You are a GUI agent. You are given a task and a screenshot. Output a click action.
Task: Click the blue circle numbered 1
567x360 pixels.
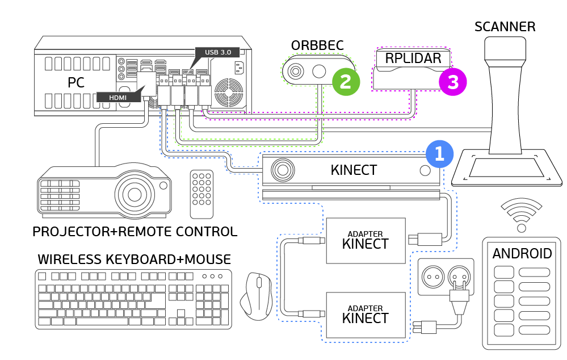click(439, 153)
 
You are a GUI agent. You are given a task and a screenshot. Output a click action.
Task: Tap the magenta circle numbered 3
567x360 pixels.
click(452, 82)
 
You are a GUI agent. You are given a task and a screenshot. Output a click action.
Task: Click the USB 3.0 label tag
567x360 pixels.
click(218, 52)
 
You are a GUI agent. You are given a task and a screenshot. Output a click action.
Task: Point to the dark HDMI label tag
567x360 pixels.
click(117, 97)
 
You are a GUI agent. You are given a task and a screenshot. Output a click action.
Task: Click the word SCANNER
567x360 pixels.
click(505, 27)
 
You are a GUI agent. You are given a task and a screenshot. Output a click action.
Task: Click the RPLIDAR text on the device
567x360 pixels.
click(413, 58)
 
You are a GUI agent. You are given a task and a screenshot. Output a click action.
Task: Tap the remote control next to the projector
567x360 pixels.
click(201, 194)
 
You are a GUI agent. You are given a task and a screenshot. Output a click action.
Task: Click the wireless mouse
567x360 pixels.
click(258, 295)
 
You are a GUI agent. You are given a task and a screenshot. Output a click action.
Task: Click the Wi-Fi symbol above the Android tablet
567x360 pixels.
click(520, 216)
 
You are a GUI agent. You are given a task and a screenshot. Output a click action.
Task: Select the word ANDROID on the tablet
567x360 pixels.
click(522, 253)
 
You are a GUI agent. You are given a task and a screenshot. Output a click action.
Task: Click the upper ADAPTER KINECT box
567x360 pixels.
click(366, 241)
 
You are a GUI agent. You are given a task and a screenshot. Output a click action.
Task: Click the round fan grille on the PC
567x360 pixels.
click(230, 91)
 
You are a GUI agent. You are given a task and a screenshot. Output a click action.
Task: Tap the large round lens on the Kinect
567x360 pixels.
click(282, 170)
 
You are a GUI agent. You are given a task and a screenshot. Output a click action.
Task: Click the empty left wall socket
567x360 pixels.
click(432, 277)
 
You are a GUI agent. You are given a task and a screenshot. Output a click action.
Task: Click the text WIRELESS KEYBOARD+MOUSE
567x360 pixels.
click(134, 259)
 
